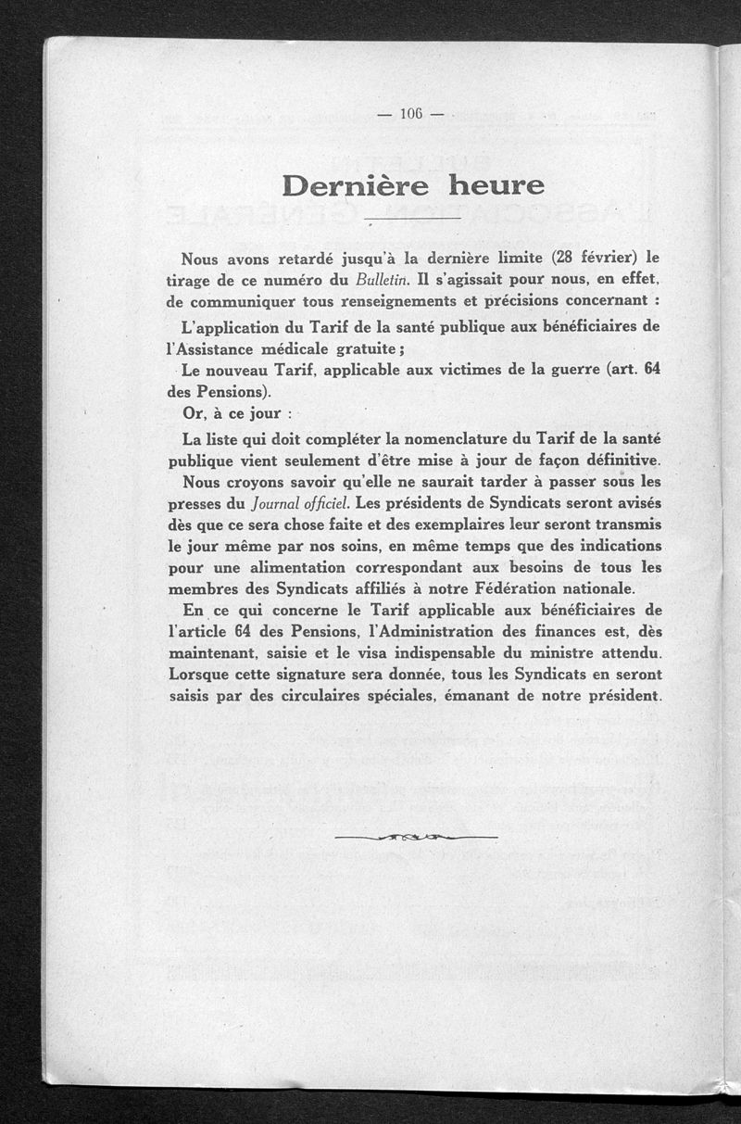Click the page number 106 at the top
coord(411,114)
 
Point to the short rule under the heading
coord(413,219)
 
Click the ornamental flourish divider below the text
coord(416,837)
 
